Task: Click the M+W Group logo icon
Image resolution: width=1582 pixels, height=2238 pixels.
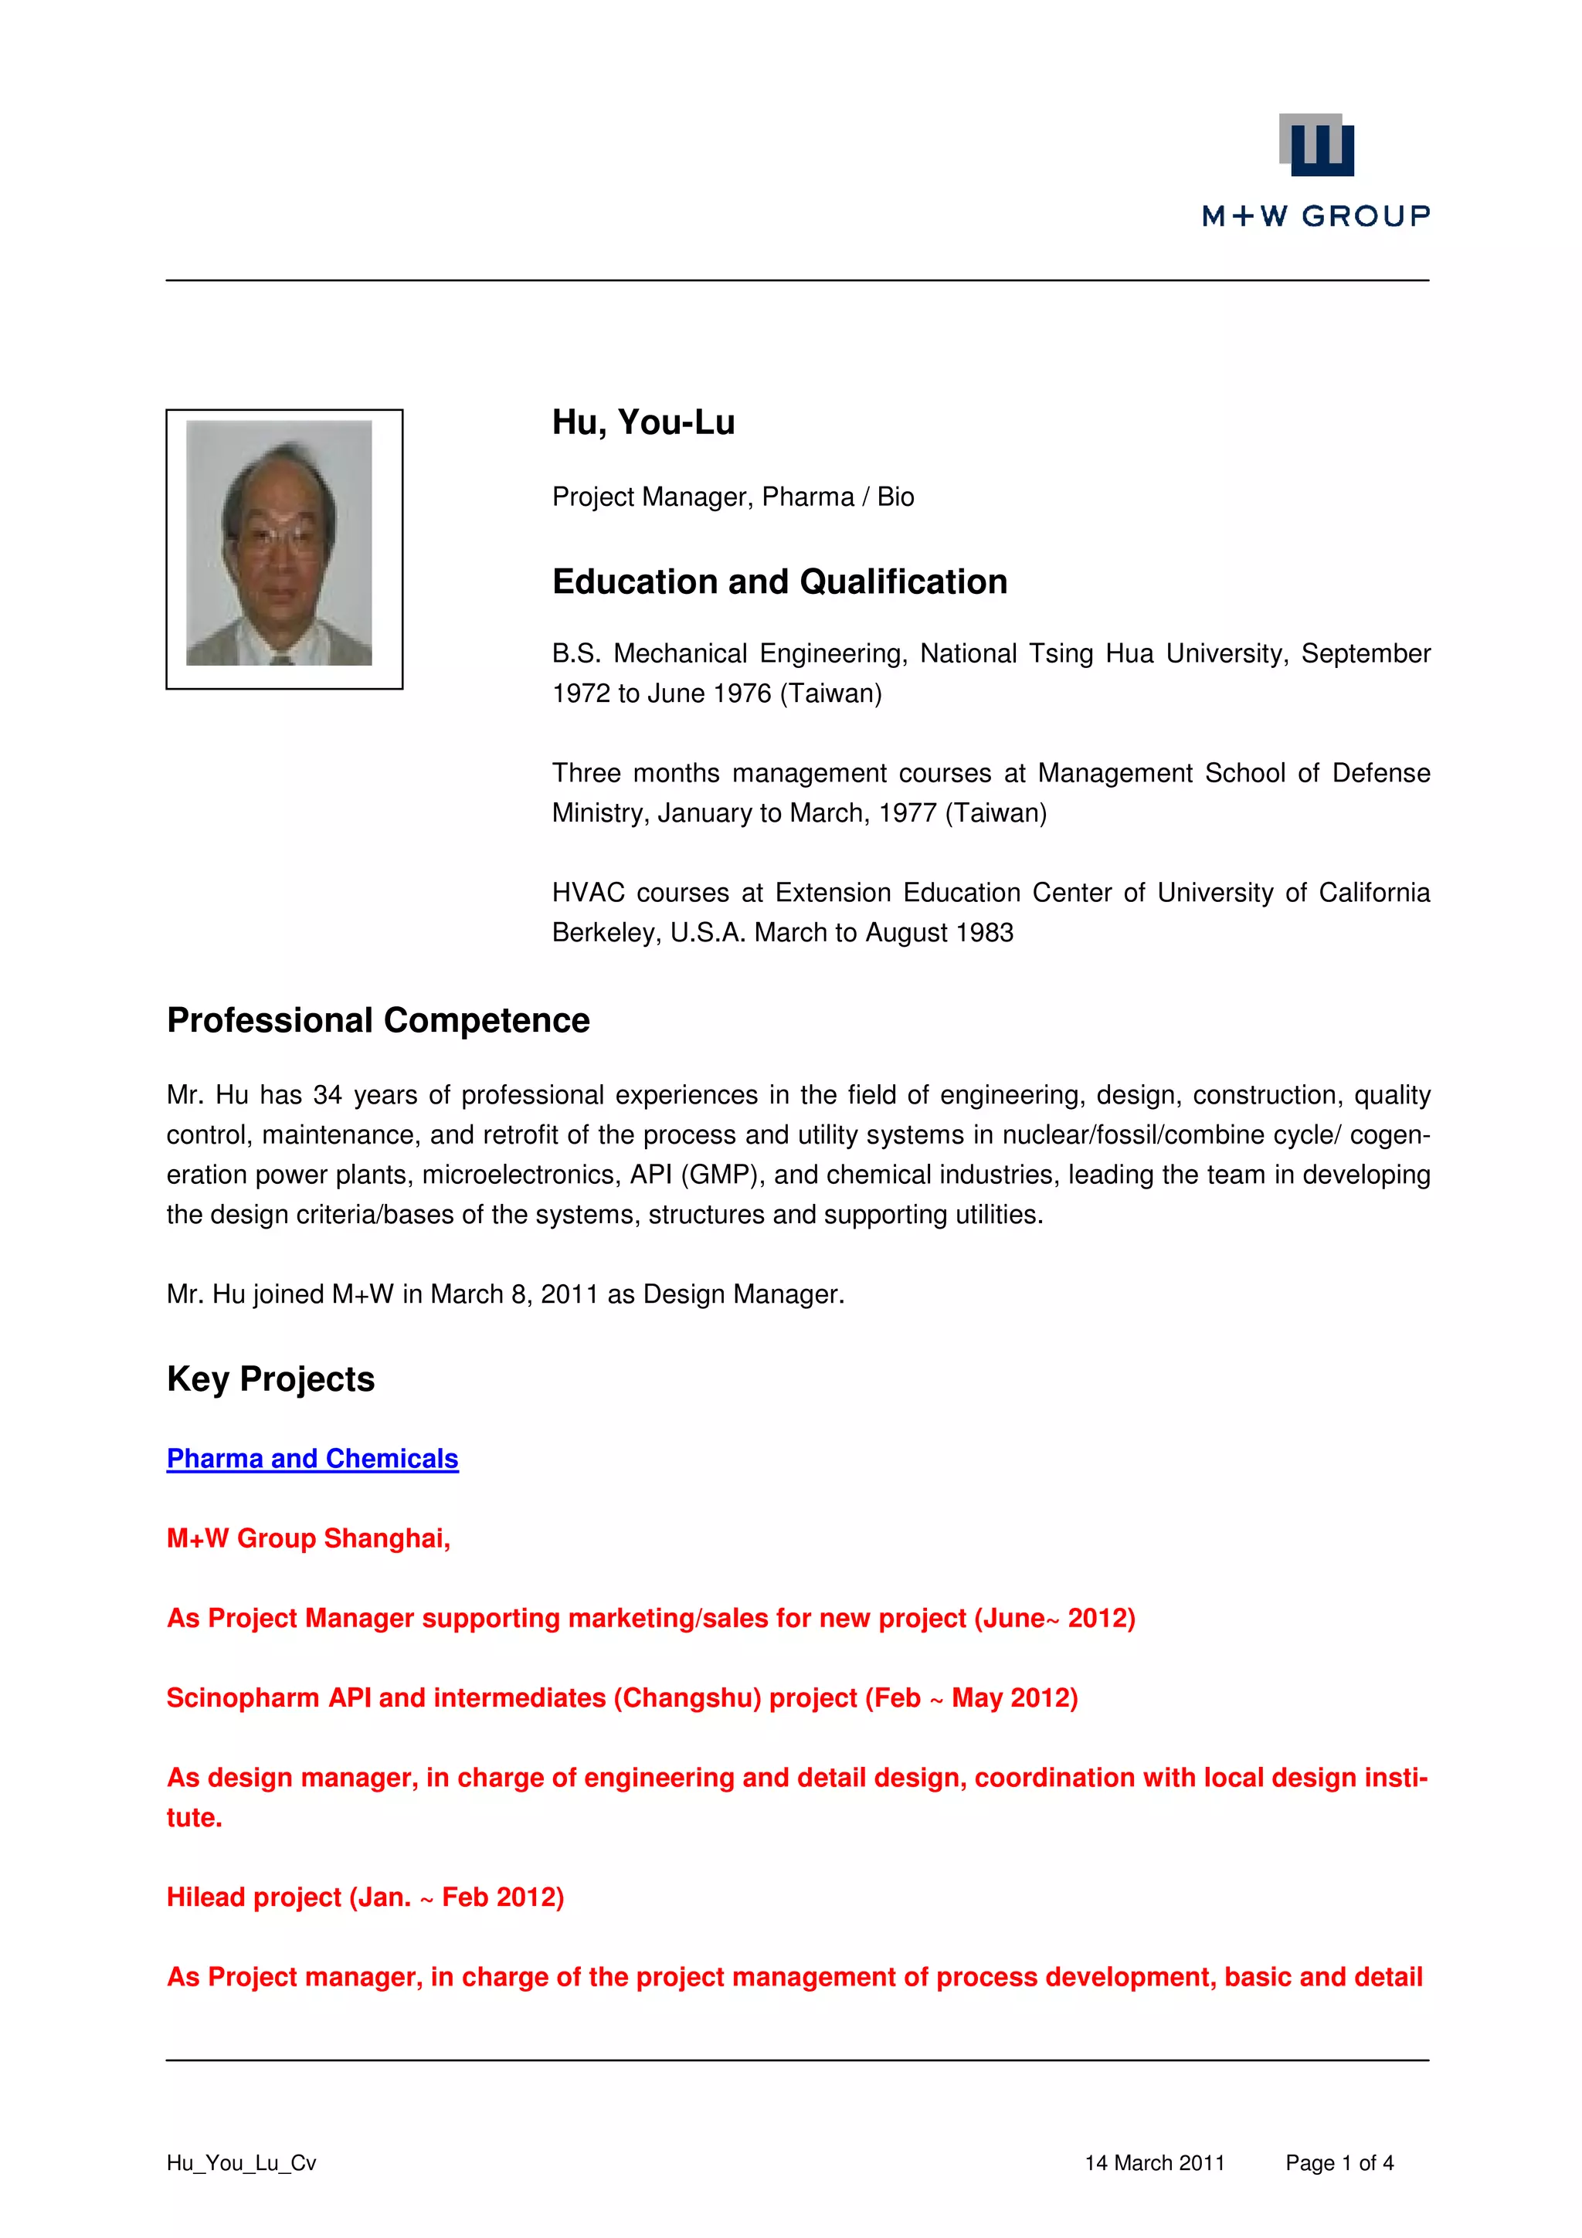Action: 1316,145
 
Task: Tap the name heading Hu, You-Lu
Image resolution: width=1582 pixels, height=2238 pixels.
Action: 643,423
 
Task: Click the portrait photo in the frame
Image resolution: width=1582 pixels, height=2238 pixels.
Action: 279,543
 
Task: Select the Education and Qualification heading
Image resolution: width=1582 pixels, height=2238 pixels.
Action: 779,582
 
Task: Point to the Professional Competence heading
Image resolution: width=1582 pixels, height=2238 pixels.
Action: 379,1021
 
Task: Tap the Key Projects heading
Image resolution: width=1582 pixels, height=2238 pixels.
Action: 270,1379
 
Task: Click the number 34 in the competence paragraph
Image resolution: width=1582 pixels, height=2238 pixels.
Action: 327,1096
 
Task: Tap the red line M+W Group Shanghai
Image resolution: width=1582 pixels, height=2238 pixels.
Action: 308,1538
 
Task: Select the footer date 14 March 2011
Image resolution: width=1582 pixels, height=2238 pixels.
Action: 1154,2163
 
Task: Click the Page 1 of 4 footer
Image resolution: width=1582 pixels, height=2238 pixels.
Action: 1339,2163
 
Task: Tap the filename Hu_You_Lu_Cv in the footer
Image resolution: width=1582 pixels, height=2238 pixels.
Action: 241,2163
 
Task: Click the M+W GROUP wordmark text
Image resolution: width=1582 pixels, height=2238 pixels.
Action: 1316,216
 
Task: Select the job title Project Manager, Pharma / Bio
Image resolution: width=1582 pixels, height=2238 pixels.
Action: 733,497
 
